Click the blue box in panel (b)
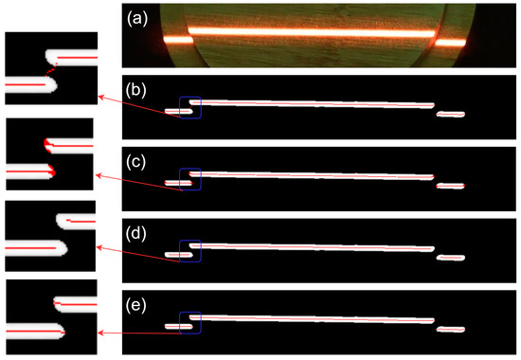(x=190, y=107)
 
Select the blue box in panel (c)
(x=190, y=178)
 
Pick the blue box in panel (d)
(x=190, y=249)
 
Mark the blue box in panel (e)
(x=190, y=321)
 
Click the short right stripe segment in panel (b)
(x=451, y=115)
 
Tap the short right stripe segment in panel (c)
(x=451, y=186)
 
